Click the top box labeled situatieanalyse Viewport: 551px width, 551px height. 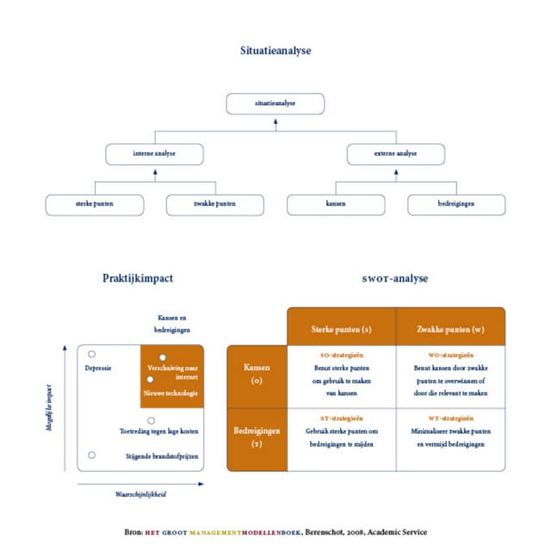click(x=275, y=103)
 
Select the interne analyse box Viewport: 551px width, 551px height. click(x=154, y=154)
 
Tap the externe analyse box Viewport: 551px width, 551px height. click(x=395, y=154)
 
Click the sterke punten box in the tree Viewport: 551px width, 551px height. click(x=94, y=205)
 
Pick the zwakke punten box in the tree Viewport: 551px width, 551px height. click(x=214, y=205)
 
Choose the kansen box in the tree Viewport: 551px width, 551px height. click(x=335, y=205)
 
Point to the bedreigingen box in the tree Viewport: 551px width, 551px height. click(x=455, y=205)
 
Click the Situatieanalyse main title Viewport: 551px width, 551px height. click(x=275, y=51)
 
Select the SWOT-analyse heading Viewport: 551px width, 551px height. click(x=395, y=278)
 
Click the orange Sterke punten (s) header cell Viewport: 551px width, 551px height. click(x=341, y=328)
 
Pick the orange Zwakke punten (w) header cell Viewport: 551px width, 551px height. click(x=450, y=328)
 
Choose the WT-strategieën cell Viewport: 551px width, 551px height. click(x=450, y=430)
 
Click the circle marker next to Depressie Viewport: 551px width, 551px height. click(x=92, y=354)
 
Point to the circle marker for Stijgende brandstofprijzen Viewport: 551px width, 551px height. click(x=92, y=455)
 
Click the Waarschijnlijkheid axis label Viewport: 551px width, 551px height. click(x=140, y=495)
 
